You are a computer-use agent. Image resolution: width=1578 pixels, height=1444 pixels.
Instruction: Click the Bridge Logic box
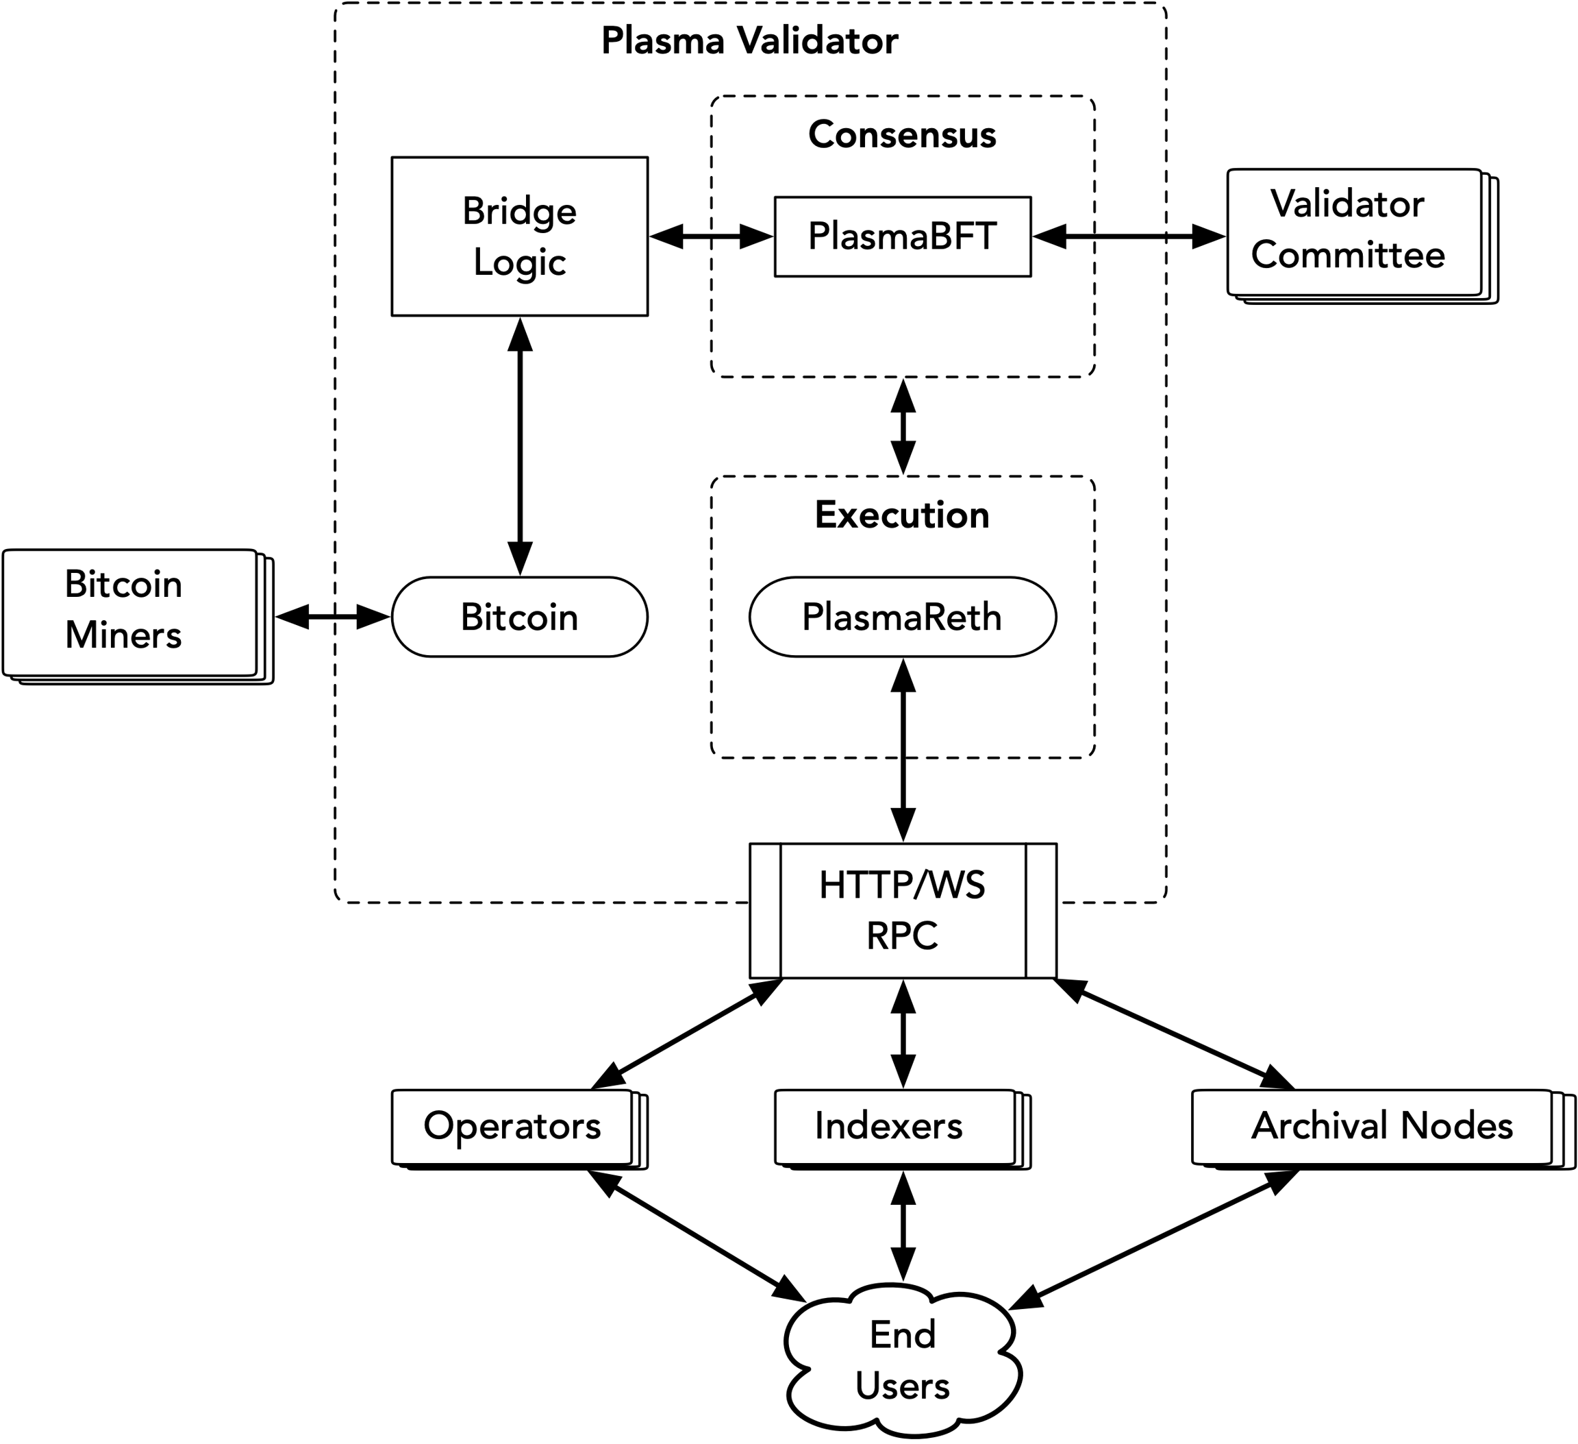520,236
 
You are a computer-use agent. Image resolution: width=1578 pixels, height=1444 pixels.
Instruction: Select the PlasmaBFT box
903,236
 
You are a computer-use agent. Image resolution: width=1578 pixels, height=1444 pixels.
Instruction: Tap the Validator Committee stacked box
1363,236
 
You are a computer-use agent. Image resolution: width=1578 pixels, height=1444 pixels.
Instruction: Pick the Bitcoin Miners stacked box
138,617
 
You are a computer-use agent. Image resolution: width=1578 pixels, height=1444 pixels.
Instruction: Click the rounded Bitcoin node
520,617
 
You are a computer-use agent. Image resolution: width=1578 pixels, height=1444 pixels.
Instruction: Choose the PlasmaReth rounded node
903,617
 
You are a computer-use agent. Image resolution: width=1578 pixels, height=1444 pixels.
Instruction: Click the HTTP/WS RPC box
903,911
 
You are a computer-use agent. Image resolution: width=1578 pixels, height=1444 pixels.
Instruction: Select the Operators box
520,1129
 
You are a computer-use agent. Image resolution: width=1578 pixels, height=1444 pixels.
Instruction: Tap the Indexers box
903,1129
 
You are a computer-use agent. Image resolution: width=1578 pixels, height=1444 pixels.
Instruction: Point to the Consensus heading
903,135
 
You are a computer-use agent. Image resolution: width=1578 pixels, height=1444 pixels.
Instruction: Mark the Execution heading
903,515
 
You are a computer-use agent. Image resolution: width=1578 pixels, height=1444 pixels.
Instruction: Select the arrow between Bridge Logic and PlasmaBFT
712,236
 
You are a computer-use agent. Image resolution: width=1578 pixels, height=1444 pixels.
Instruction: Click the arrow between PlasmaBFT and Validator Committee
1129,236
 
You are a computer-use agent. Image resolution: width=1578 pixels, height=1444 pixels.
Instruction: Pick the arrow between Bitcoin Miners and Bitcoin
333,617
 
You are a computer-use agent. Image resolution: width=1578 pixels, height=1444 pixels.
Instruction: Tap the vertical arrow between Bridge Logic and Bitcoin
520,446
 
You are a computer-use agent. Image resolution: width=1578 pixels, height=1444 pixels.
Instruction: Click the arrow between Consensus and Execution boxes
903,427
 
